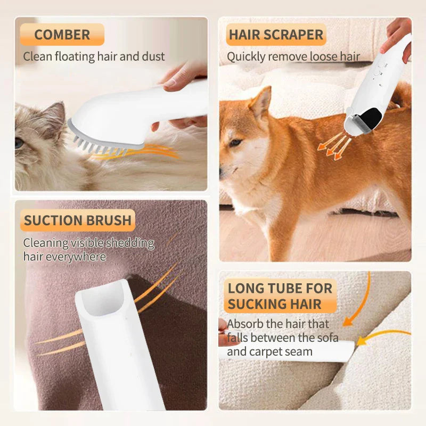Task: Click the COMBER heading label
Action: [62, 35]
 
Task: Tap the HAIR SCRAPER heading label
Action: [276, 35]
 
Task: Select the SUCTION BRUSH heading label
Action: [78, 220]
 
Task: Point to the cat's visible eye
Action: [19, 143]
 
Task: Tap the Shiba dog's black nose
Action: [222, 171]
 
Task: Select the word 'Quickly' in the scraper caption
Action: [245, 56]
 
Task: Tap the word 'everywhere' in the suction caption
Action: [80, 257]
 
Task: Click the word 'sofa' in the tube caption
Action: [326, 338]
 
